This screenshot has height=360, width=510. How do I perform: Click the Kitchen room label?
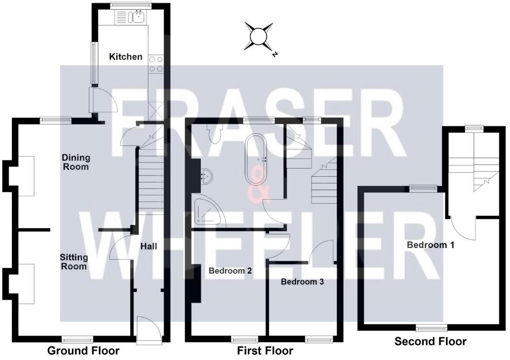[x=126, y=56]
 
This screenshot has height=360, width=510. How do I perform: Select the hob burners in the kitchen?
[x=156, y=64]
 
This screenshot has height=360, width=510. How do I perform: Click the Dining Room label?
[x=76, y=162]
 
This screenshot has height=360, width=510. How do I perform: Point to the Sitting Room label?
[x=74, y=261]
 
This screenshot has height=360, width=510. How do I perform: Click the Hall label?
[x=149, y=247]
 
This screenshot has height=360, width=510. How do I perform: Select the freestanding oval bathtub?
[x=257, y=159]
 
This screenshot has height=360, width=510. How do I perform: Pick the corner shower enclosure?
[x=207, y=212]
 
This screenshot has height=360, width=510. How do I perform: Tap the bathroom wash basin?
[x=206, y=176]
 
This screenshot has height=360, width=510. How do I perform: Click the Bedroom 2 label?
[x=230, y=270]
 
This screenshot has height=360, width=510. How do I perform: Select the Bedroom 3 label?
[x=302, y=281]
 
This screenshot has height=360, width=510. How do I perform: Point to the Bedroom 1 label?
[x=431, y=245]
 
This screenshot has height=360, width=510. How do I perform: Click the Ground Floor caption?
[x=83, y=350]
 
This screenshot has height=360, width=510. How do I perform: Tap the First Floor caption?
[x=265, y=350]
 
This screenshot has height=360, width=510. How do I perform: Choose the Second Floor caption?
[x=430, y=341]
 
